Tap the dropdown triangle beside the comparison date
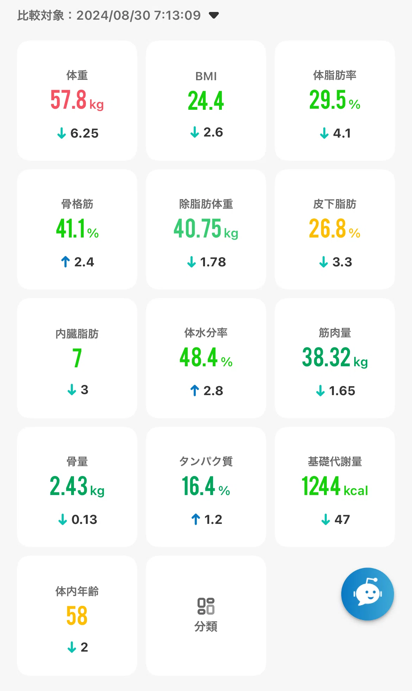214,15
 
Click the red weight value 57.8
68,100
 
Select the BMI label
206,76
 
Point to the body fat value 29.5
327,100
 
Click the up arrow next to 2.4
65,262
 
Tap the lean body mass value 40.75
197,229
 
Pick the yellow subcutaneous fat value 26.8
327,229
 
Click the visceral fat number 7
77,358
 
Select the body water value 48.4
199,357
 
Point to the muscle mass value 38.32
326,357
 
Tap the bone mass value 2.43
68,486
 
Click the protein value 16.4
198,486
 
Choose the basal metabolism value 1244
320,486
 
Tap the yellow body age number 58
77,616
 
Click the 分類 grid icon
206,606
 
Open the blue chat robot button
367,594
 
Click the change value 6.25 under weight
85,133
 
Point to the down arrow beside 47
326,519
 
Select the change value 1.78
213,262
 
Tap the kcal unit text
356,490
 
